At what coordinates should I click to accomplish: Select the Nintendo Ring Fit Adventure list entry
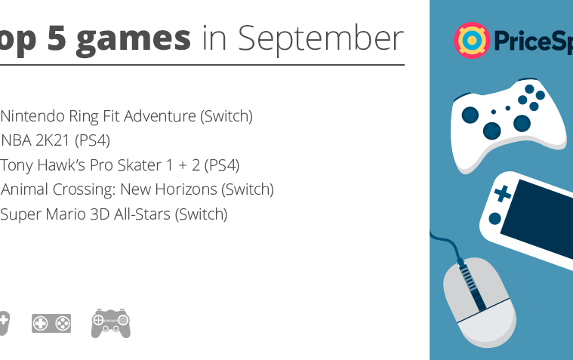click(126, 116)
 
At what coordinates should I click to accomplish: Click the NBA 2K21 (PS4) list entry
click(55, 140)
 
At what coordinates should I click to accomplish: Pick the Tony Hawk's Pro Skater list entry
click(120, 165)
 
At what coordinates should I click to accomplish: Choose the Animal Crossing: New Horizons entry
click(137, 189)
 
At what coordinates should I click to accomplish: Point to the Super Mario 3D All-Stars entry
click(114, 214)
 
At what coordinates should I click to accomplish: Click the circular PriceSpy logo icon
click(472, 40)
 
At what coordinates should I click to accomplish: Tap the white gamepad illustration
click(507, 125)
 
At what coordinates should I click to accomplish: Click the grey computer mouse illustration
click(480, 303)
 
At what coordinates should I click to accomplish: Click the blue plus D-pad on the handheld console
click(503, 194)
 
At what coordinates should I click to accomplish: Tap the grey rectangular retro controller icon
click(51, 324)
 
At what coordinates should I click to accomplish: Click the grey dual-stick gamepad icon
click(111, 324)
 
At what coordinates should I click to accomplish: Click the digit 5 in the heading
click(57, 38)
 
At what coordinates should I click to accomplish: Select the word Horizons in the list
click(186, 189)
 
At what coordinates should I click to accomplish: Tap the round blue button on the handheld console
click(494, 219)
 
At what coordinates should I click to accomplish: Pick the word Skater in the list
click(139, 165)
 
